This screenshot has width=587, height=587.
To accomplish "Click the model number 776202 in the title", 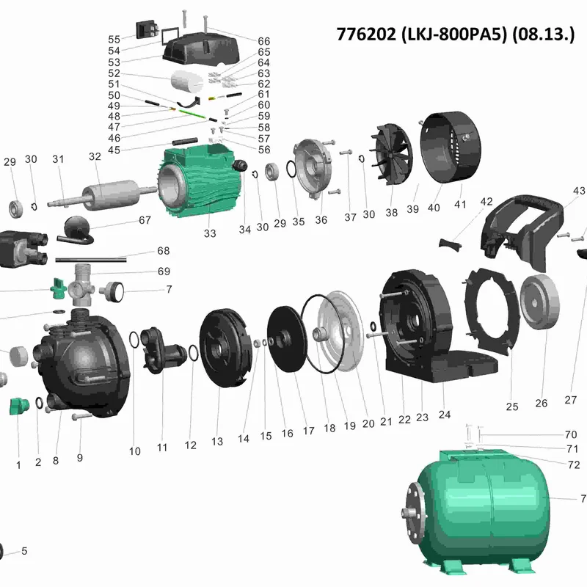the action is click(x=365, y=34).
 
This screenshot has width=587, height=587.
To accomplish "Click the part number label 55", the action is click(x=114, y=40).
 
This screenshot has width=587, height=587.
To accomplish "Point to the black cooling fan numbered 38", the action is click(x=391, y=154).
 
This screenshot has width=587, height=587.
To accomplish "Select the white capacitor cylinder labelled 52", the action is click(x=187, y=81).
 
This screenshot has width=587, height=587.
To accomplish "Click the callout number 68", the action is click(x=163, y=250).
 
